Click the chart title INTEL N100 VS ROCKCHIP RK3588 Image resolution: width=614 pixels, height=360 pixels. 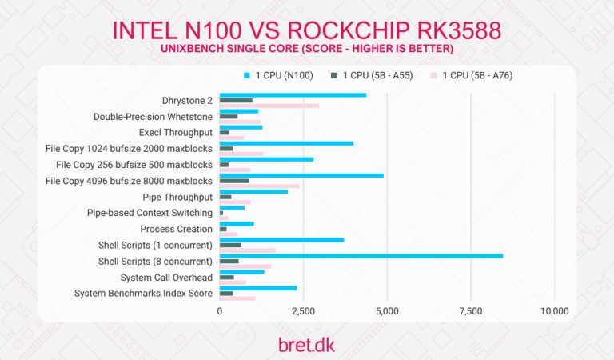coord(306,30)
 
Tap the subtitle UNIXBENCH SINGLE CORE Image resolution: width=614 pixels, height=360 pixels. coord(306,50)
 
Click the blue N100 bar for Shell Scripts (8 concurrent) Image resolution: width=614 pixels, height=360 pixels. coord(361,256)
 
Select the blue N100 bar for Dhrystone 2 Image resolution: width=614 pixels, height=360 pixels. coord(293,95)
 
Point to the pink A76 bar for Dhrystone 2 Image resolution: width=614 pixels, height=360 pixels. coord(269,106)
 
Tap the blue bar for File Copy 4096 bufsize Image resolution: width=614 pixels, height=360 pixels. coord(301,175)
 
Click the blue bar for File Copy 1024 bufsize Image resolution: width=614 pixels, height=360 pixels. coord(286,143)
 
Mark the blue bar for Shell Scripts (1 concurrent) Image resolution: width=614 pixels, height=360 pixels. coord(281,239)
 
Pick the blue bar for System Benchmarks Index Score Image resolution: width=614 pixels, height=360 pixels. coord(258,288)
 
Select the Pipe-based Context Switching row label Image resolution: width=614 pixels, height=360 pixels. coord(150,213)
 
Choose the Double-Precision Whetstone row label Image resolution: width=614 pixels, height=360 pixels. coord(153,117)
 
